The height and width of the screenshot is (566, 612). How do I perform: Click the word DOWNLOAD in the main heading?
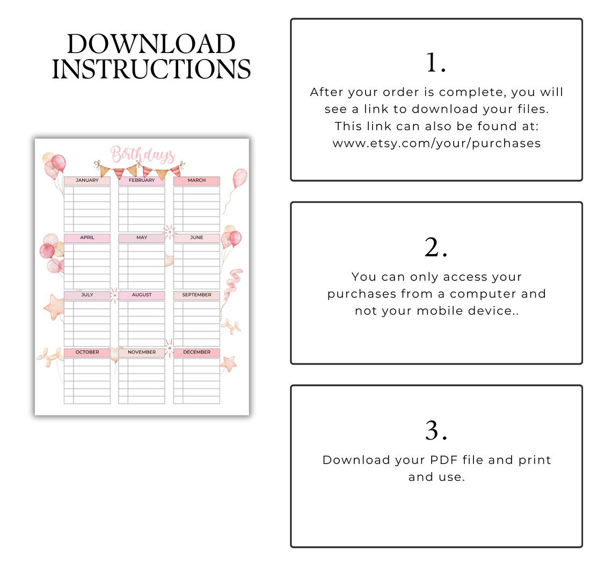coord(151,44)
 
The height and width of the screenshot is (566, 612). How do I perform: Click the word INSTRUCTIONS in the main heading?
coord(151,69)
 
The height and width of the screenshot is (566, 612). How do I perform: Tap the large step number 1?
coord(435,63)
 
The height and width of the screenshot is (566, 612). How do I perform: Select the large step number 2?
coord(435,248)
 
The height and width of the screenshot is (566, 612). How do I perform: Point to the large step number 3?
coord(435,430)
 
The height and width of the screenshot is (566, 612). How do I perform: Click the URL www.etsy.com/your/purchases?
coord(436,143)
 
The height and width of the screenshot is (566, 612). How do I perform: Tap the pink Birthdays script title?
coord(143,155)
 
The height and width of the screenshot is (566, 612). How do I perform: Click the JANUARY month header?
coord(87,181)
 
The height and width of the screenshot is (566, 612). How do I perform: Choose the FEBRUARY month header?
coord(142,181)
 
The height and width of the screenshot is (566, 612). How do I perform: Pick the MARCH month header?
coord(196,181)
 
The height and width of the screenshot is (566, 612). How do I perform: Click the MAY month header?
coord(142,237)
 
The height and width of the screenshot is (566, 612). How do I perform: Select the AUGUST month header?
coord(142,295)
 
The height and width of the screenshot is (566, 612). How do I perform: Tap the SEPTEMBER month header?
coord(196,295)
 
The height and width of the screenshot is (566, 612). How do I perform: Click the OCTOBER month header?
coord(87,352)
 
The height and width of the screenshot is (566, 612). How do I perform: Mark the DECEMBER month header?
coord(196,352)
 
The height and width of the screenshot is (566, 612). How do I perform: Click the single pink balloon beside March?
coord(239,179)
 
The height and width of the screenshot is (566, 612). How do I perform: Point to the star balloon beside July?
coord(54,307)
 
